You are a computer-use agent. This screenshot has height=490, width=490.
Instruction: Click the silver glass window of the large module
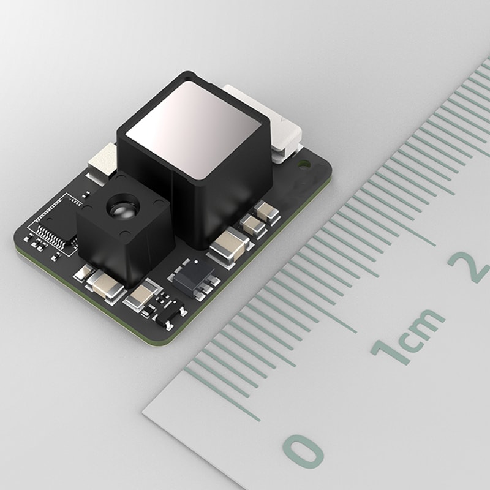point(194,127)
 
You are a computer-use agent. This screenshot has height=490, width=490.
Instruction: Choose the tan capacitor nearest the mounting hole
point(268,212)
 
